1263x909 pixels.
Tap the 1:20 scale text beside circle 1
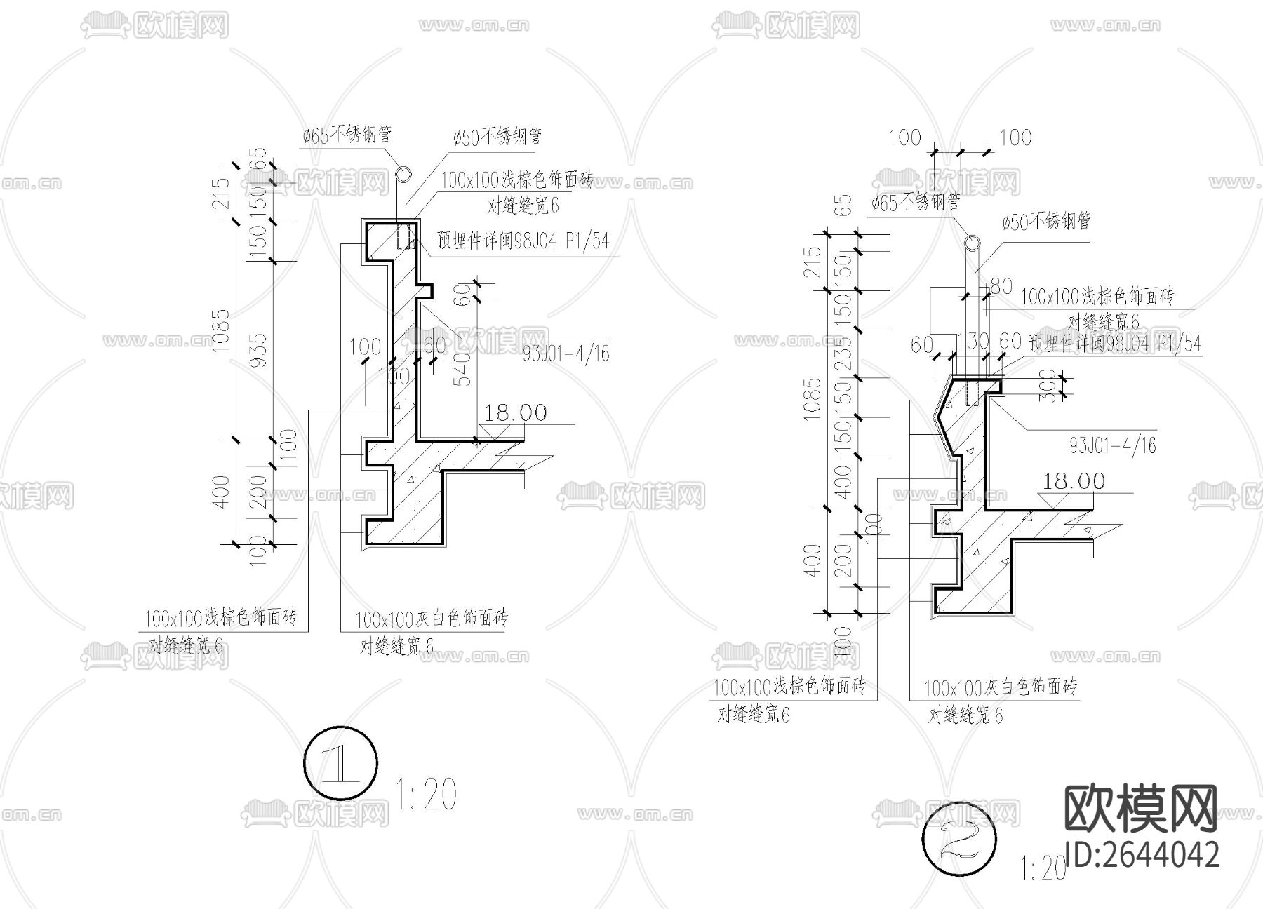coord(427,795)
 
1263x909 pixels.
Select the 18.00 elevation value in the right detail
coord(1074,481)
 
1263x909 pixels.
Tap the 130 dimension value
coord(973,342)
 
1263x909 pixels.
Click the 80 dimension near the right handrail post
coord(1001,285)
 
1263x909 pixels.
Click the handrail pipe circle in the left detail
coord(403,175)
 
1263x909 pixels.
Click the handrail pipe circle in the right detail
coord(973,243)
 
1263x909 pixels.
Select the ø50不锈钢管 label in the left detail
coord(497,137)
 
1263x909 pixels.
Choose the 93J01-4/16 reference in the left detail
coord(566,353)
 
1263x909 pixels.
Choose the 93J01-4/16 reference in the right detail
coord(1112,445)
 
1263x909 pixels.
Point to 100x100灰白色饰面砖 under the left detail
coord(432,619)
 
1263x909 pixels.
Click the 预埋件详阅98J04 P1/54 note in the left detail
coord(523,241)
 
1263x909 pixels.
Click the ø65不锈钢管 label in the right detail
coord(916,203)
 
